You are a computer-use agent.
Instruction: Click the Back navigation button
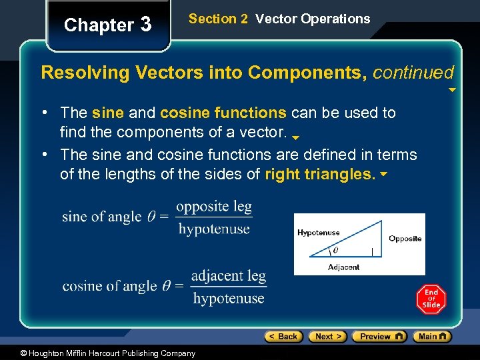pos(283,337)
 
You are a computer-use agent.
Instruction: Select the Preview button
pos(379,337)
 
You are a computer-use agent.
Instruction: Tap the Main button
pos(431,337)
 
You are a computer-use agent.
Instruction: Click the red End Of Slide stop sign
pos(431,299)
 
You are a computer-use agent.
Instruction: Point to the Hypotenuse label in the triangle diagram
pos(318,233)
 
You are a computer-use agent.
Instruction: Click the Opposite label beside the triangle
pos(405,239)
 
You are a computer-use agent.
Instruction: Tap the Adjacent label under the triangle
pos(343,267)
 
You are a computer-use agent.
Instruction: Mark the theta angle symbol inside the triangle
pos(335,251)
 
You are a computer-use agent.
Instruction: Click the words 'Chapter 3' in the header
pos(108,25)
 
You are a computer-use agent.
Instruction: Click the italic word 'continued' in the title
pos(413,72)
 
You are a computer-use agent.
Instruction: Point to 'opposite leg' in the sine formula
pos(214,206)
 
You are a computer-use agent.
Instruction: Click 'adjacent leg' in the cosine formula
pos(228,275)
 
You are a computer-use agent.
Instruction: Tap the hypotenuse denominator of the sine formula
pos(214,229)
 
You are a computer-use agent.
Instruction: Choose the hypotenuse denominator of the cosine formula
pos(229,298)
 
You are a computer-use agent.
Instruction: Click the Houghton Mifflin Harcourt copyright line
pos(98,353)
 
